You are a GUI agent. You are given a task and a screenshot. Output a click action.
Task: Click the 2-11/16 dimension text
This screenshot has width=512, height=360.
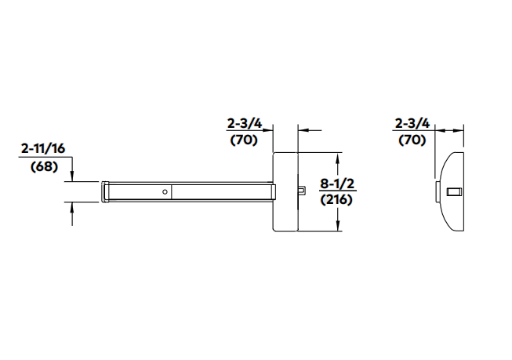[44, 148]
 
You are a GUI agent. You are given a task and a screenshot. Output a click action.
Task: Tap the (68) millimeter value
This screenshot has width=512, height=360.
[44, 166]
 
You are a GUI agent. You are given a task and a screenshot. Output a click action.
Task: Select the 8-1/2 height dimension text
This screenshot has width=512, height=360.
[337, 184]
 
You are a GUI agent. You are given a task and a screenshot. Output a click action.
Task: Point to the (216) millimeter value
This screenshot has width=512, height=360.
[337, 199]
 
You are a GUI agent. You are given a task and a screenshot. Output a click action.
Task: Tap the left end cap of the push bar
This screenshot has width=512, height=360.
[104, 191]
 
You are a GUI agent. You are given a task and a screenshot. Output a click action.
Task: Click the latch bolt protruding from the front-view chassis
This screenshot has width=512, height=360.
[302, 190]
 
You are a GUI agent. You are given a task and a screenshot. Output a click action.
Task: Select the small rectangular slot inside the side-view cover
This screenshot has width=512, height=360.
[452, 191]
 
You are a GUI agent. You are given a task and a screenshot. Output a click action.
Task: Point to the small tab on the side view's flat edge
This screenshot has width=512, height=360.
[437, 191]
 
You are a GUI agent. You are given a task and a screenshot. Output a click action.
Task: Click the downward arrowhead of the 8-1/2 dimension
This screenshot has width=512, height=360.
[337, 227]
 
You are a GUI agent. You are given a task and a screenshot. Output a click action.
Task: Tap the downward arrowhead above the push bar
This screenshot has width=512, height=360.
[73, 176]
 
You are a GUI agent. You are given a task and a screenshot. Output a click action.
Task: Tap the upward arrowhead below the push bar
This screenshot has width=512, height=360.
[73, 207]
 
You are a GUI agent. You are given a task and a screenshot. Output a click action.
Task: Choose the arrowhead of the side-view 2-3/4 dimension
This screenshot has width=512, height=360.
[440, 131]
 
